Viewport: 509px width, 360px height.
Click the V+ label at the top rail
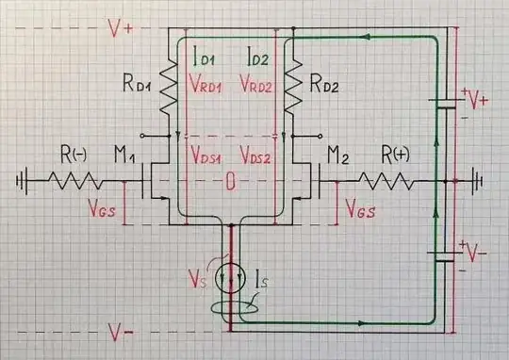tap(121, 28)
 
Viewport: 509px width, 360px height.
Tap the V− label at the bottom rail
tap(119, 331)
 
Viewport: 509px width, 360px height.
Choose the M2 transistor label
tap(338, 154)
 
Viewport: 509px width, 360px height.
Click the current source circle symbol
tap(230, 279)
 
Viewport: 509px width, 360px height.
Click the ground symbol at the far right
tap(479, 178)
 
